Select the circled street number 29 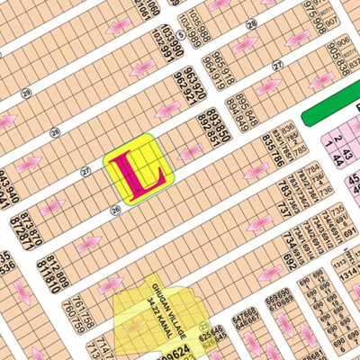coord(27,93)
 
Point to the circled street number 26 coord(115,211)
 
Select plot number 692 coord(289,262)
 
